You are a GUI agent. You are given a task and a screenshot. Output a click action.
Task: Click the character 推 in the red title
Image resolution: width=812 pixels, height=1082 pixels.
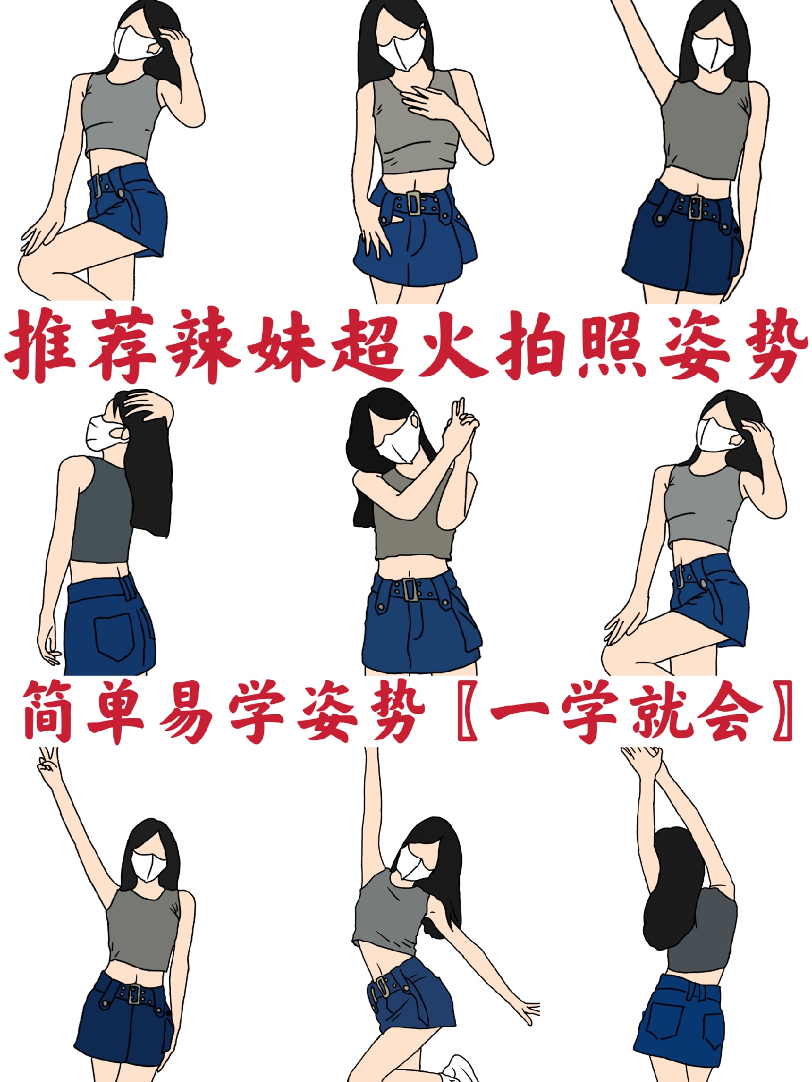point(42,345)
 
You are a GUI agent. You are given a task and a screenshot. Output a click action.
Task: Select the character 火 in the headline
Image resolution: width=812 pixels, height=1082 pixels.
point(450,345)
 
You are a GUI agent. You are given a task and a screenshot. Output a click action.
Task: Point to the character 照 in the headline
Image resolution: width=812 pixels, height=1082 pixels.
point(612,345)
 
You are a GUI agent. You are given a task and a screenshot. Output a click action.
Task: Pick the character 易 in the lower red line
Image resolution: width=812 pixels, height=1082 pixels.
point(186,711)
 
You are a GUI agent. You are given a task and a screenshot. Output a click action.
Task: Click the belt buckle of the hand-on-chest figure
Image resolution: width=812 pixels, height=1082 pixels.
point(414,203)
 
